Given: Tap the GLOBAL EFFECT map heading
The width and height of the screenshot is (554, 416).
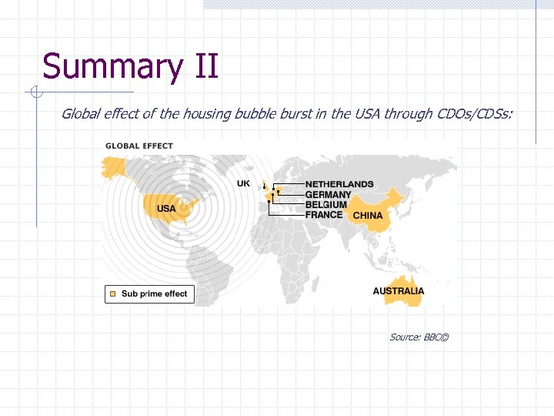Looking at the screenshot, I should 139,146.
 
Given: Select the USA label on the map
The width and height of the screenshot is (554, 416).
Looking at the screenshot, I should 166,209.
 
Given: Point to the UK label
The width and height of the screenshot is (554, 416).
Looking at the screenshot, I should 243,184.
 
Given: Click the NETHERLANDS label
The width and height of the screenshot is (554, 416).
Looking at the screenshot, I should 339,184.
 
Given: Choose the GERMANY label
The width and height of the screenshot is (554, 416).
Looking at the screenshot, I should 328,194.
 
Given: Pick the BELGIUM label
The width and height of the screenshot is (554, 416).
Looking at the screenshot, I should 326,204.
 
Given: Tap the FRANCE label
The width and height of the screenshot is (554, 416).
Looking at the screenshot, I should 324,214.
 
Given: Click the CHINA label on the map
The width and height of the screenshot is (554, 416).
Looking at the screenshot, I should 367,215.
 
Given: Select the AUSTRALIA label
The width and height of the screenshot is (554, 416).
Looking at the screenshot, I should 399,291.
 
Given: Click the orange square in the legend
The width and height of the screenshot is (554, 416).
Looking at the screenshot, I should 112,294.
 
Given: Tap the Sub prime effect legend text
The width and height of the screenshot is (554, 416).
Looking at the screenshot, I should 154,294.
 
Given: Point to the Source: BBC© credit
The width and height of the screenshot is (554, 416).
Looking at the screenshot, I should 419,337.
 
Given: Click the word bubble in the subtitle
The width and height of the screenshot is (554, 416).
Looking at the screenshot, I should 258,114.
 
